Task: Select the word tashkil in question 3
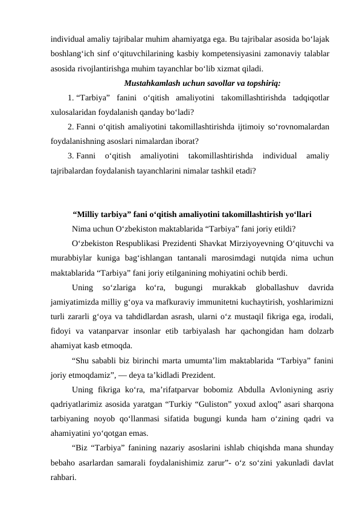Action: (x=222, y=171)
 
